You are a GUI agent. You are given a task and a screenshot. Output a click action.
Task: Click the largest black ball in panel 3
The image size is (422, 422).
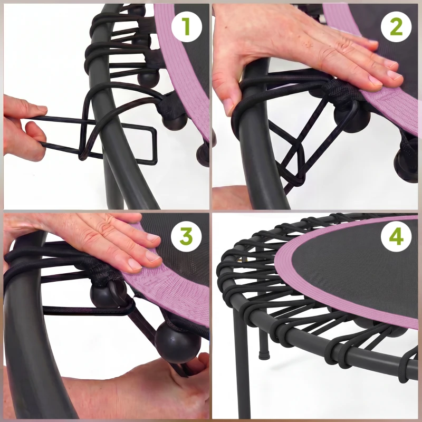coord(178,342)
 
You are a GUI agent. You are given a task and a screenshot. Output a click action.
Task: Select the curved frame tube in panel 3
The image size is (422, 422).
coord(26,343)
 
